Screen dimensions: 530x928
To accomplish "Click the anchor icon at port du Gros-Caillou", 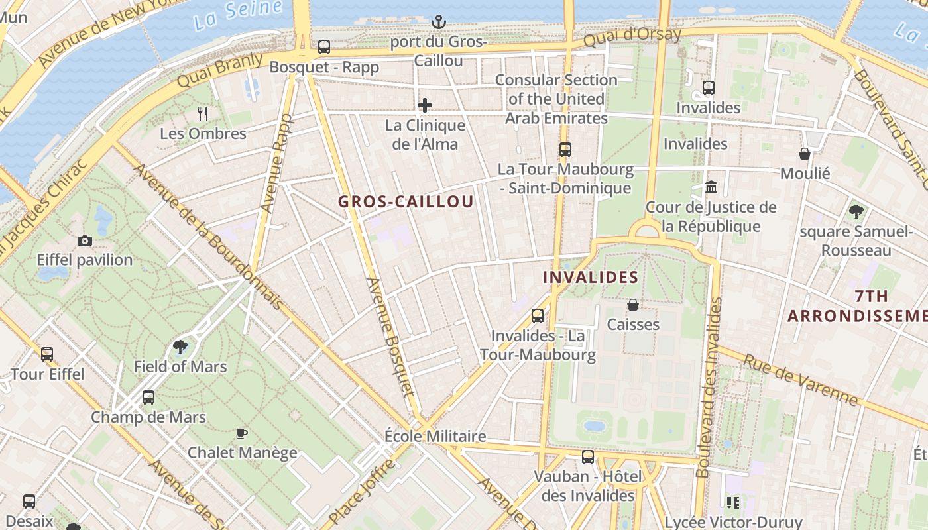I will pyautogui.click(x=438, y=23).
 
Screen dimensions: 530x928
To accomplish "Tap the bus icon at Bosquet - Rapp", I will pyautogui.click(x=323, y=47).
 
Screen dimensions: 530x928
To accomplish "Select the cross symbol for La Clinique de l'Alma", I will pyautogui.click(x=425, y=105).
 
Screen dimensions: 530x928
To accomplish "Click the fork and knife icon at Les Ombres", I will pyautogui.click(x=203, y=114).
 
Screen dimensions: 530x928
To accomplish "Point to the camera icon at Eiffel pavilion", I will pyautogui.click(x=85, y=240).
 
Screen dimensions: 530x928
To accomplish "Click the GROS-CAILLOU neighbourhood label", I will pyautogui.click(x=406, y=202).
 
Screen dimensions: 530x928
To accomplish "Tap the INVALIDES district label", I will pyautogui.click(x=591, y=277).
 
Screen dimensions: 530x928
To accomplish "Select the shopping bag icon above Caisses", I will pyautogui.click(x=633, y=305).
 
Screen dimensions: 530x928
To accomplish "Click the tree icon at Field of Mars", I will pyautogui.click(x=180, y=346).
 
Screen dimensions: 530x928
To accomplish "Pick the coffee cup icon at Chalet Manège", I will pyautogui.click(x=242, y=433).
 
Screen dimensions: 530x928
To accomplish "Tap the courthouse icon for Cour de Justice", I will pyautogui.click(x=711, y=187).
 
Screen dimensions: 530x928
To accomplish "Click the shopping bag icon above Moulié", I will pyautogui.click(x=805, y=154).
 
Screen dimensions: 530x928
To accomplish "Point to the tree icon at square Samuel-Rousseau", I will pyautogui.click(x=856, y=212).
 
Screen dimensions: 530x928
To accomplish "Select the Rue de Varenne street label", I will pyautogui.click(x=800, y=380).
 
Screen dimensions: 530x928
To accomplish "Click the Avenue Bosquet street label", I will pyautogui.click(x=390, y=344).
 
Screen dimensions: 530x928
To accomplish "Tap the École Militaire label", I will pyautogui.click(x=435, y=436).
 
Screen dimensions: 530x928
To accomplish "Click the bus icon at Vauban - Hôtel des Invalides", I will pyautogui.click(x=588, y=456).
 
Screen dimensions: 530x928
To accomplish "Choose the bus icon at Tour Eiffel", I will pyautogui.click(x=47, y=354).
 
